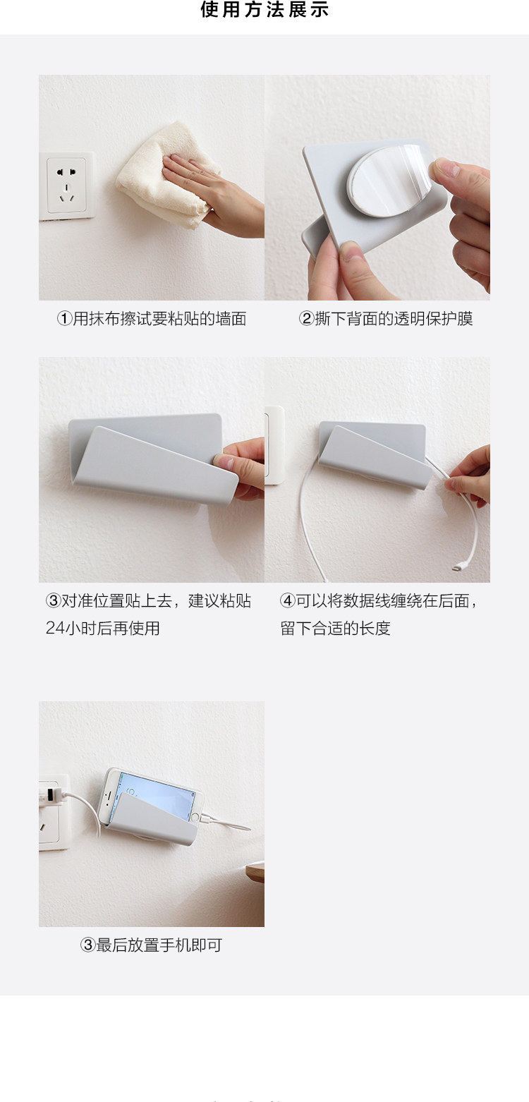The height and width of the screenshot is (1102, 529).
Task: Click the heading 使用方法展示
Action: coord(264,9)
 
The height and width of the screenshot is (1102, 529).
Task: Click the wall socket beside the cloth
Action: coord(67,186)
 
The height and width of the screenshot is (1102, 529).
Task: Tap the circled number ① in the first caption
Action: coord(64,319)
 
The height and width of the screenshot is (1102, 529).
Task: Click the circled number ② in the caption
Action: coord(306,319)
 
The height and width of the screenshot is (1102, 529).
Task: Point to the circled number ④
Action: coord(288,600)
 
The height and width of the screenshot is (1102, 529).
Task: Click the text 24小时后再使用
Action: coord(103,628)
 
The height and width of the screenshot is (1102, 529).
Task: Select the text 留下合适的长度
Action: coord(335,628)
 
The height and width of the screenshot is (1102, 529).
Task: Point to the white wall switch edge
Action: coord(274,444)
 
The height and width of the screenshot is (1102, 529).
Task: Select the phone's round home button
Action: coord(195,817)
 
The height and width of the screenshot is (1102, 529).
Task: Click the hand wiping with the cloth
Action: coord(212,194)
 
